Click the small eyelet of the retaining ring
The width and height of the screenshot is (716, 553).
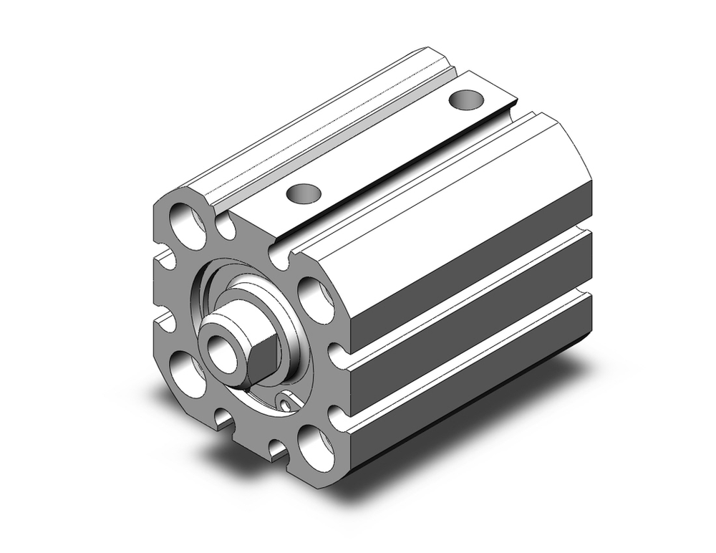pos(287,405)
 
